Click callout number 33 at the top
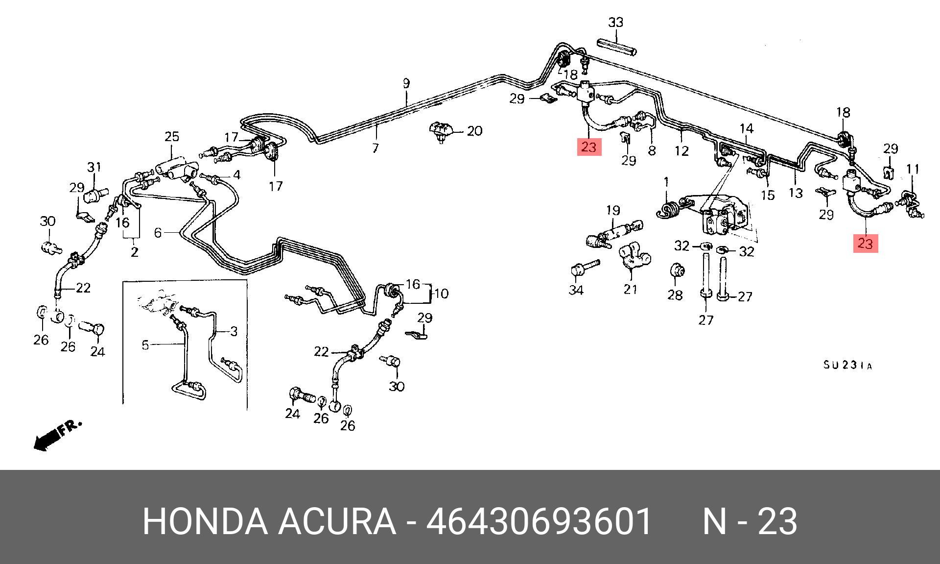[615, 23]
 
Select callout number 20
[474, 131]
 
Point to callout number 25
[172, 137]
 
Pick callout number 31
[94, 167]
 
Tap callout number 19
[613, 211]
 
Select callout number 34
[576, 290]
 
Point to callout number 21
[631, 289]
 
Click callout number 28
[675, 294]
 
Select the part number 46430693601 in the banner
[539, 522]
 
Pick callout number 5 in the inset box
[145, 345]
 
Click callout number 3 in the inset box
[234, 332]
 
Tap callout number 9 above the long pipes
[406, 83]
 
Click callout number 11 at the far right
[913, 170]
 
